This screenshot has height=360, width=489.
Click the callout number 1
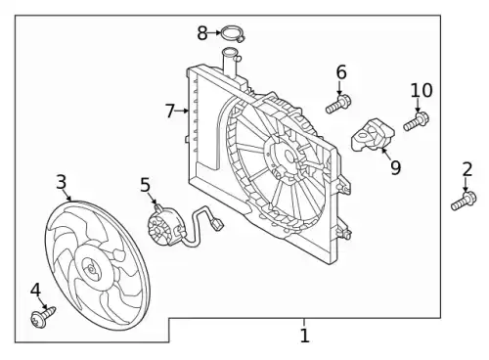tap(304, 336)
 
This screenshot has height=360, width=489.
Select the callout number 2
tap(467, 169)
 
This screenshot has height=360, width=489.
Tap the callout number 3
tap(62, 182)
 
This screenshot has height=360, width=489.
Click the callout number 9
tap(395, 167)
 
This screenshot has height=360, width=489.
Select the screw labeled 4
tap(43, 315)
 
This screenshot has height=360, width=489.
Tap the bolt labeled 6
tap(338, 103)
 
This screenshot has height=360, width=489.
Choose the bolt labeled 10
tap(416, 121)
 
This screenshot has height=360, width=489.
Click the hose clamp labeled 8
tap(233, 34)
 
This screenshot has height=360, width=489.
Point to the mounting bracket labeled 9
tap(373, 136)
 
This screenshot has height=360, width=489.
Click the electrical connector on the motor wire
tap(216, 225)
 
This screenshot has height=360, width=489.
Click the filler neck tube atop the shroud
tap(230, 63)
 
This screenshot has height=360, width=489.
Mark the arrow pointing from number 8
tap(214, 32)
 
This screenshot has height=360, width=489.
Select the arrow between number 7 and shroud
tap(182, 111)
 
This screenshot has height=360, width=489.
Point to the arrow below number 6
tap(340, 88)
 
